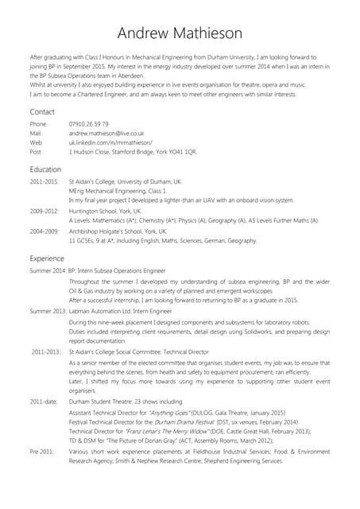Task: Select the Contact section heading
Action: coord(43,111)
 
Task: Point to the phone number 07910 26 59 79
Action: coord(89,125)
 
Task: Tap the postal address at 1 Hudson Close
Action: coord(127,150)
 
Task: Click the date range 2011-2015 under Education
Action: coord(44,183)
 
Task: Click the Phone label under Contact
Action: coord(38,125)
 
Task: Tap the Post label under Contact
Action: coord(35,150)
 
